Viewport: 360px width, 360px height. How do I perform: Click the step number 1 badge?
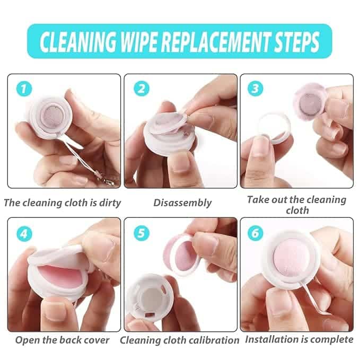24,89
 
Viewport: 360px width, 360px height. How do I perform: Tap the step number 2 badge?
142,89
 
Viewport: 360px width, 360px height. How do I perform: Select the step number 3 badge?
256,89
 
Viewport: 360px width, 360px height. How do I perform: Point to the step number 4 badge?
24,234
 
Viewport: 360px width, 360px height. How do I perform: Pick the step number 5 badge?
142,233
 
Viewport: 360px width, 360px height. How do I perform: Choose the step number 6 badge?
256,233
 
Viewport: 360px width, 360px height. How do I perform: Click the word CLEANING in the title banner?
78,42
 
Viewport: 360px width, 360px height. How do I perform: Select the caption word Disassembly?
182,203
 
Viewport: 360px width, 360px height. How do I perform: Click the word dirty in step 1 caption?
110,203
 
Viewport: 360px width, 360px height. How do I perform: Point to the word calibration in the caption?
213,340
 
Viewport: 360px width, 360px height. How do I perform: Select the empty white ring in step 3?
274,127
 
